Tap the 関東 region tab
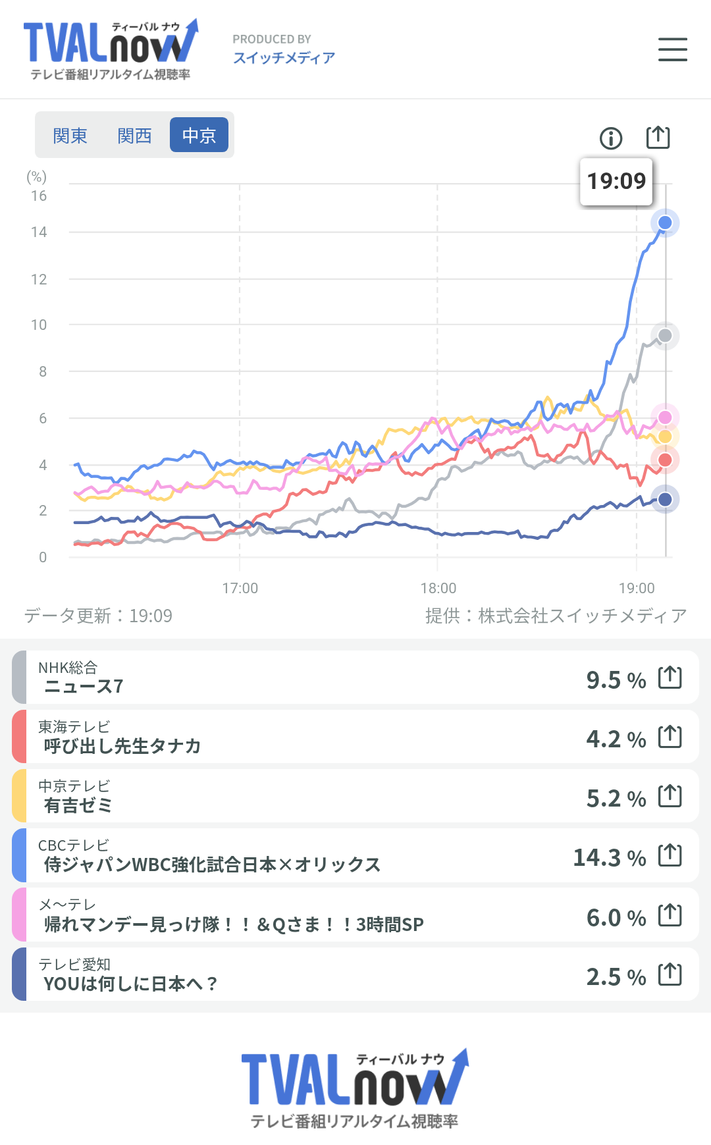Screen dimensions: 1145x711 (70, 136)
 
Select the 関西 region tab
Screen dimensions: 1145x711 (134, 136)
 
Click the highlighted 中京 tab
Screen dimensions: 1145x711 (199, 136)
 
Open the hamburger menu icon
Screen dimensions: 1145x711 (672, 50)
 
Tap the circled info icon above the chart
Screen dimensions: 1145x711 (611, 138)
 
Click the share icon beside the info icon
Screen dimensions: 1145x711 (658, 138)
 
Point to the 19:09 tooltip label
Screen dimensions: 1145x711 (616, 181)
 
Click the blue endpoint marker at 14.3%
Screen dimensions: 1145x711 (665, 223)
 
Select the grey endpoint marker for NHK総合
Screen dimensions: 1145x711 (665, 336)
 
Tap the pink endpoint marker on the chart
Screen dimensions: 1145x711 (665, 417)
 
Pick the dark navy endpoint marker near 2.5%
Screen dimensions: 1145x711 (665, 499)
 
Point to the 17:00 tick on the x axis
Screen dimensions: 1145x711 (240, 588)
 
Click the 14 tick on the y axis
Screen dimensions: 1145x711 (39, 232)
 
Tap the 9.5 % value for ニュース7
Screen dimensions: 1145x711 (616, 679)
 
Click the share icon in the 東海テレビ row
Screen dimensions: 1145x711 (670, 736)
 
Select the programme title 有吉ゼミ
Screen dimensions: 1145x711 (78, 805)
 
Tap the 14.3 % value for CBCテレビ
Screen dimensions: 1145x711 (609, 857)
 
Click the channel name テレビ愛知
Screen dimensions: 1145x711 (74, 965)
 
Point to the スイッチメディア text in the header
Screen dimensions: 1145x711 (284, 58)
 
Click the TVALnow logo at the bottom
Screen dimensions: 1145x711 (355, 1087)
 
